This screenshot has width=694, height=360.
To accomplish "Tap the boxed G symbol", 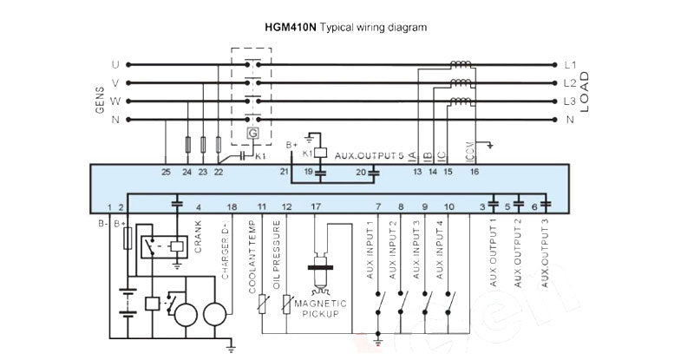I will click(252, 134).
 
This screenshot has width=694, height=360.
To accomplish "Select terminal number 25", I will click(166, 173).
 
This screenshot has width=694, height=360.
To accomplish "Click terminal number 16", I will click(474, 173).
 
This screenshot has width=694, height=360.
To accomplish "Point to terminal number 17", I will click(315, 206).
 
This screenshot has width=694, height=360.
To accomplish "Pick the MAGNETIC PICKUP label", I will click(321, 308).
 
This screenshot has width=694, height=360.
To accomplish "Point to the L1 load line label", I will click(570, 65).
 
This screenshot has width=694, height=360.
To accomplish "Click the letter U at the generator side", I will click(115, 65).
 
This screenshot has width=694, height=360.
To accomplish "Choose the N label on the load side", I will click(570, 120).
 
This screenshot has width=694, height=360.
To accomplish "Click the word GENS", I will click(98, 101).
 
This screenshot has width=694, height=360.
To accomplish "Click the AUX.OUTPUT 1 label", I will click(493, 253).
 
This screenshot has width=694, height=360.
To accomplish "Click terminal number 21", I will click(284, 173).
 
